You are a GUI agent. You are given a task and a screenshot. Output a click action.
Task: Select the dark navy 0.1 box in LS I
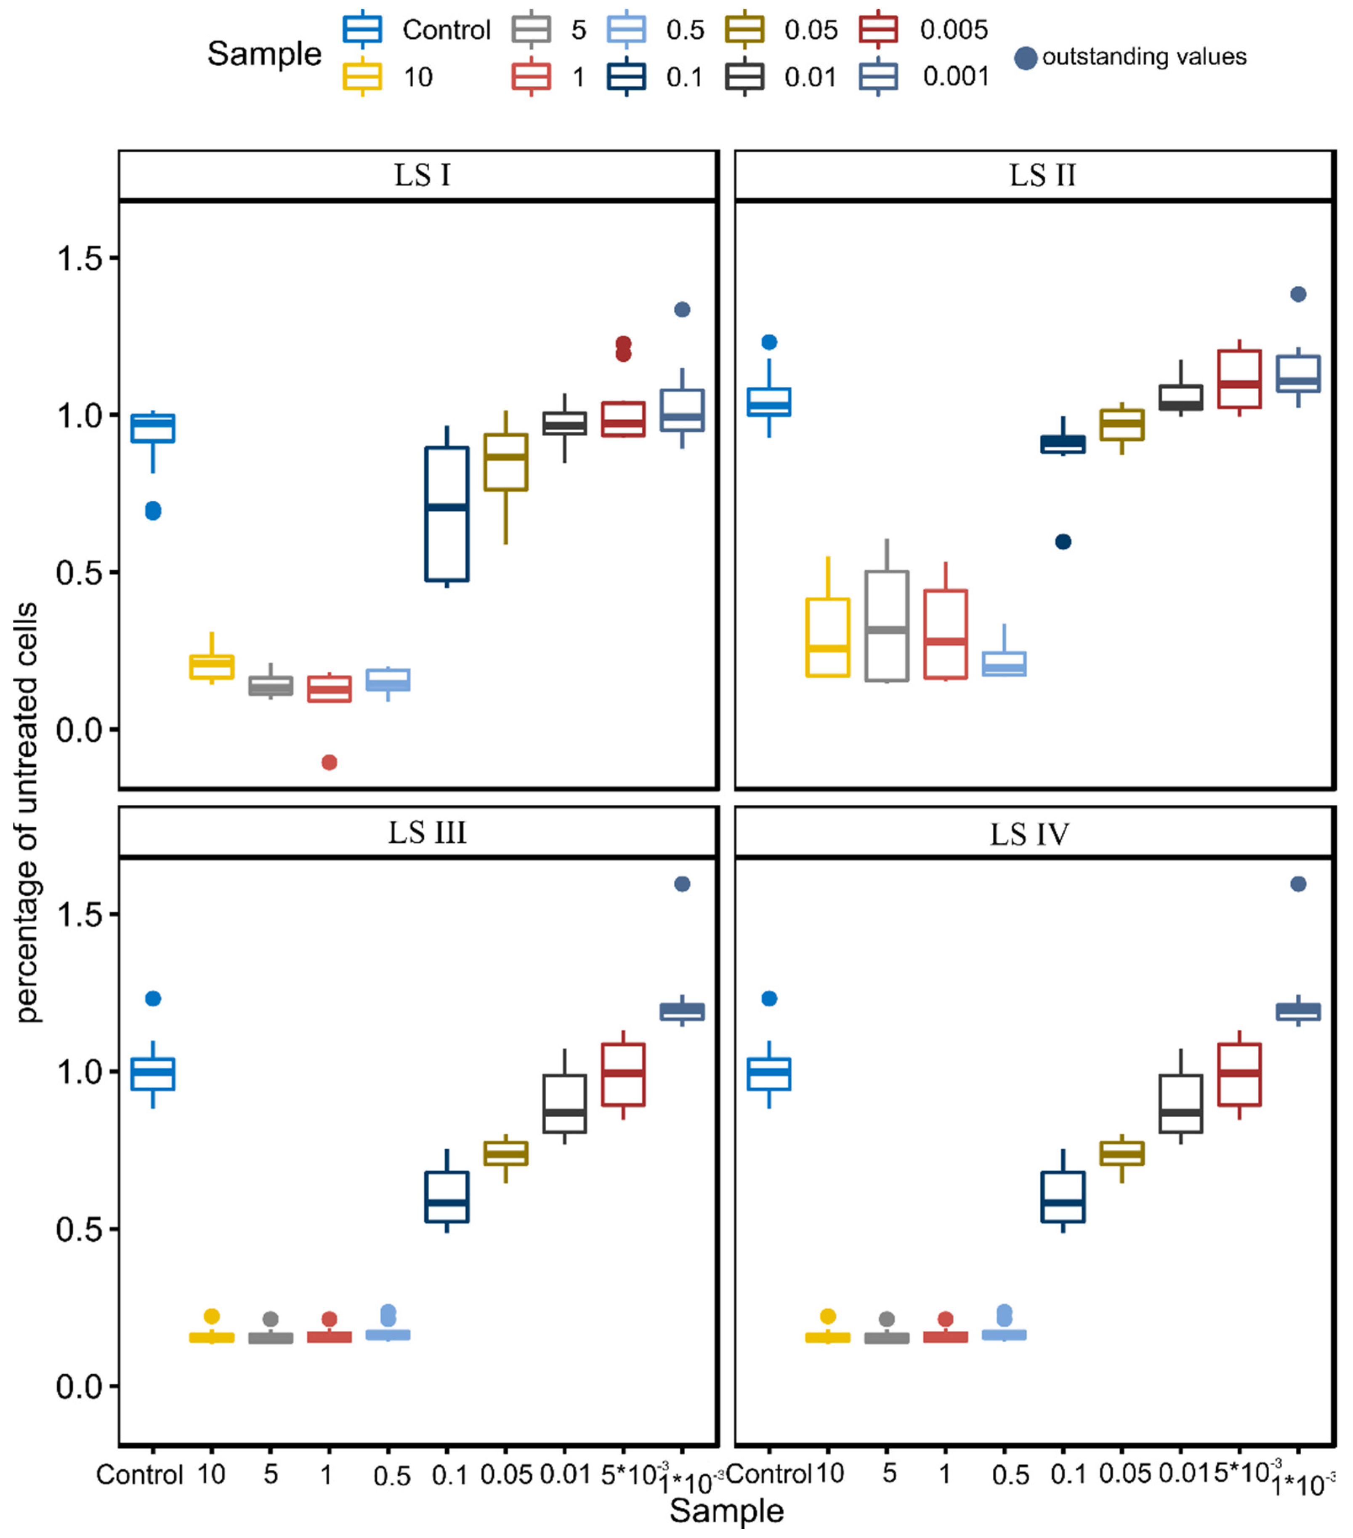[447, 514]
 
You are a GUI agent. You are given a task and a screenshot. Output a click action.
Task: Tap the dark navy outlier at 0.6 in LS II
[1063, 542]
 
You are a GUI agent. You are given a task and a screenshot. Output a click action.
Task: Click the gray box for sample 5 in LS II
[887, 626]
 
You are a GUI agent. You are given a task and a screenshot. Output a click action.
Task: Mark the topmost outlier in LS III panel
[682, 884]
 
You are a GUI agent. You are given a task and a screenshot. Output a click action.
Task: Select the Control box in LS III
[153, 1074]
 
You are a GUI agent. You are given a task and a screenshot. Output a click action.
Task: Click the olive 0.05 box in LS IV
[1122, 1153]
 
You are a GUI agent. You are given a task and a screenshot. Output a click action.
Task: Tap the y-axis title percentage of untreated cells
[27, 813]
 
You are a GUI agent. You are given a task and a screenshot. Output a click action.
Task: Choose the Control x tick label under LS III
[140, 1475]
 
